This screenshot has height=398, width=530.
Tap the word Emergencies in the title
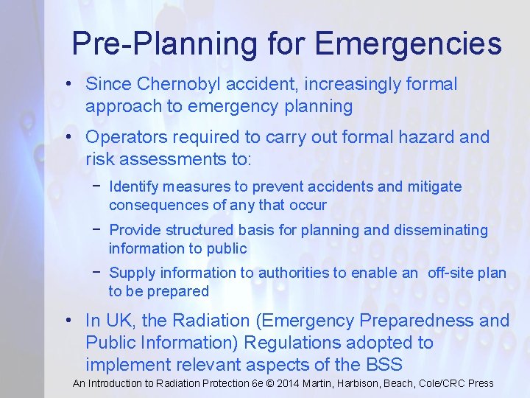click(x=408, y=43)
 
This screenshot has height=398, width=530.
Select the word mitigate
click(x=436, y=186)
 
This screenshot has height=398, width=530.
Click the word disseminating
click(x=441, y=230)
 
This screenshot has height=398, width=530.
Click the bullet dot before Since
click(x=68, y=85)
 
